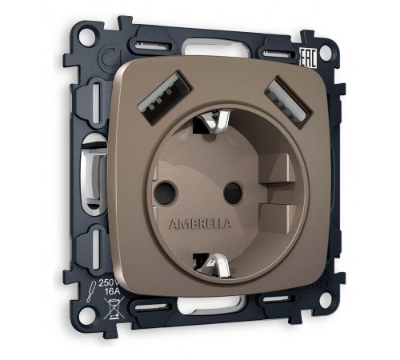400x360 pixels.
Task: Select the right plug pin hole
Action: click(233, 191)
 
